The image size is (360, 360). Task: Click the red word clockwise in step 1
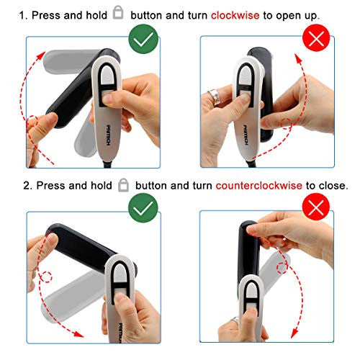pos(235,15)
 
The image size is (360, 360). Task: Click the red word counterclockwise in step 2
pos(258,186)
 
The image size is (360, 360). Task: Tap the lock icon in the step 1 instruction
pos(118,12)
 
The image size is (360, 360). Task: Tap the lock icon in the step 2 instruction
pos(123,185)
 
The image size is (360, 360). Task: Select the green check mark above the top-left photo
pos(143,39)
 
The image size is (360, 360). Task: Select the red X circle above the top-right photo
pos(316,38)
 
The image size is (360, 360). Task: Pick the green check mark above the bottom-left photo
pos(143,208)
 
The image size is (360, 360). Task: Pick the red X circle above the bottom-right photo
pos(316,207)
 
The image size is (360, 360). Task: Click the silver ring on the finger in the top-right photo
pos(216,96)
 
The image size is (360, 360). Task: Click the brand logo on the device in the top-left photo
pos(108,135)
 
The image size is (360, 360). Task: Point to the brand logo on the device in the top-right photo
pos(246,135)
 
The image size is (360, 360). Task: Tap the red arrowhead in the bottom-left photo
pos(78,333)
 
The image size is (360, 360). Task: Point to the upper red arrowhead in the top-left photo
pos(41,55)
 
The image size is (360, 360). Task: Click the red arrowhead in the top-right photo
pos(298,59)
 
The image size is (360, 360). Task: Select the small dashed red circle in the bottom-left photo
pos(45,277)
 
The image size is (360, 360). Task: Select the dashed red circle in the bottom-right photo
pos(282,268)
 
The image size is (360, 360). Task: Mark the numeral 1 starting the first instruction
pos(22,16)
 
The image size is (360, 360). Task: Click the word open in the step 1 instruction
pos(288,17)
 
